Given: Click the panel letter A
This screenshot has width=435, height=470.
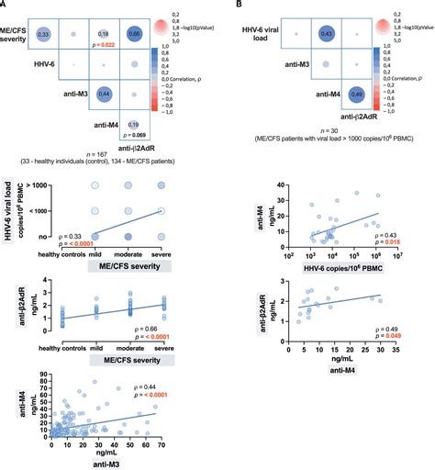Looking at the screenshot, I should [x=6, y=6].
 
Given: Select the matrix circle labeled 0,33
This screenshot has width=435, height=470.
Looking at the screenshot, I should [x=43, y=33].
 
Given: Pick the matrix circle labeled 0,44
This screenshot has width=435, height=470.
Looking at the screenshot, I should [x=105, y=95].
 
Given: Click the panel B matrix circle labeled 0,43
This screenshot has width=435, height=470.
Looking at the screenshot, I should [x=325, y=33].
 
